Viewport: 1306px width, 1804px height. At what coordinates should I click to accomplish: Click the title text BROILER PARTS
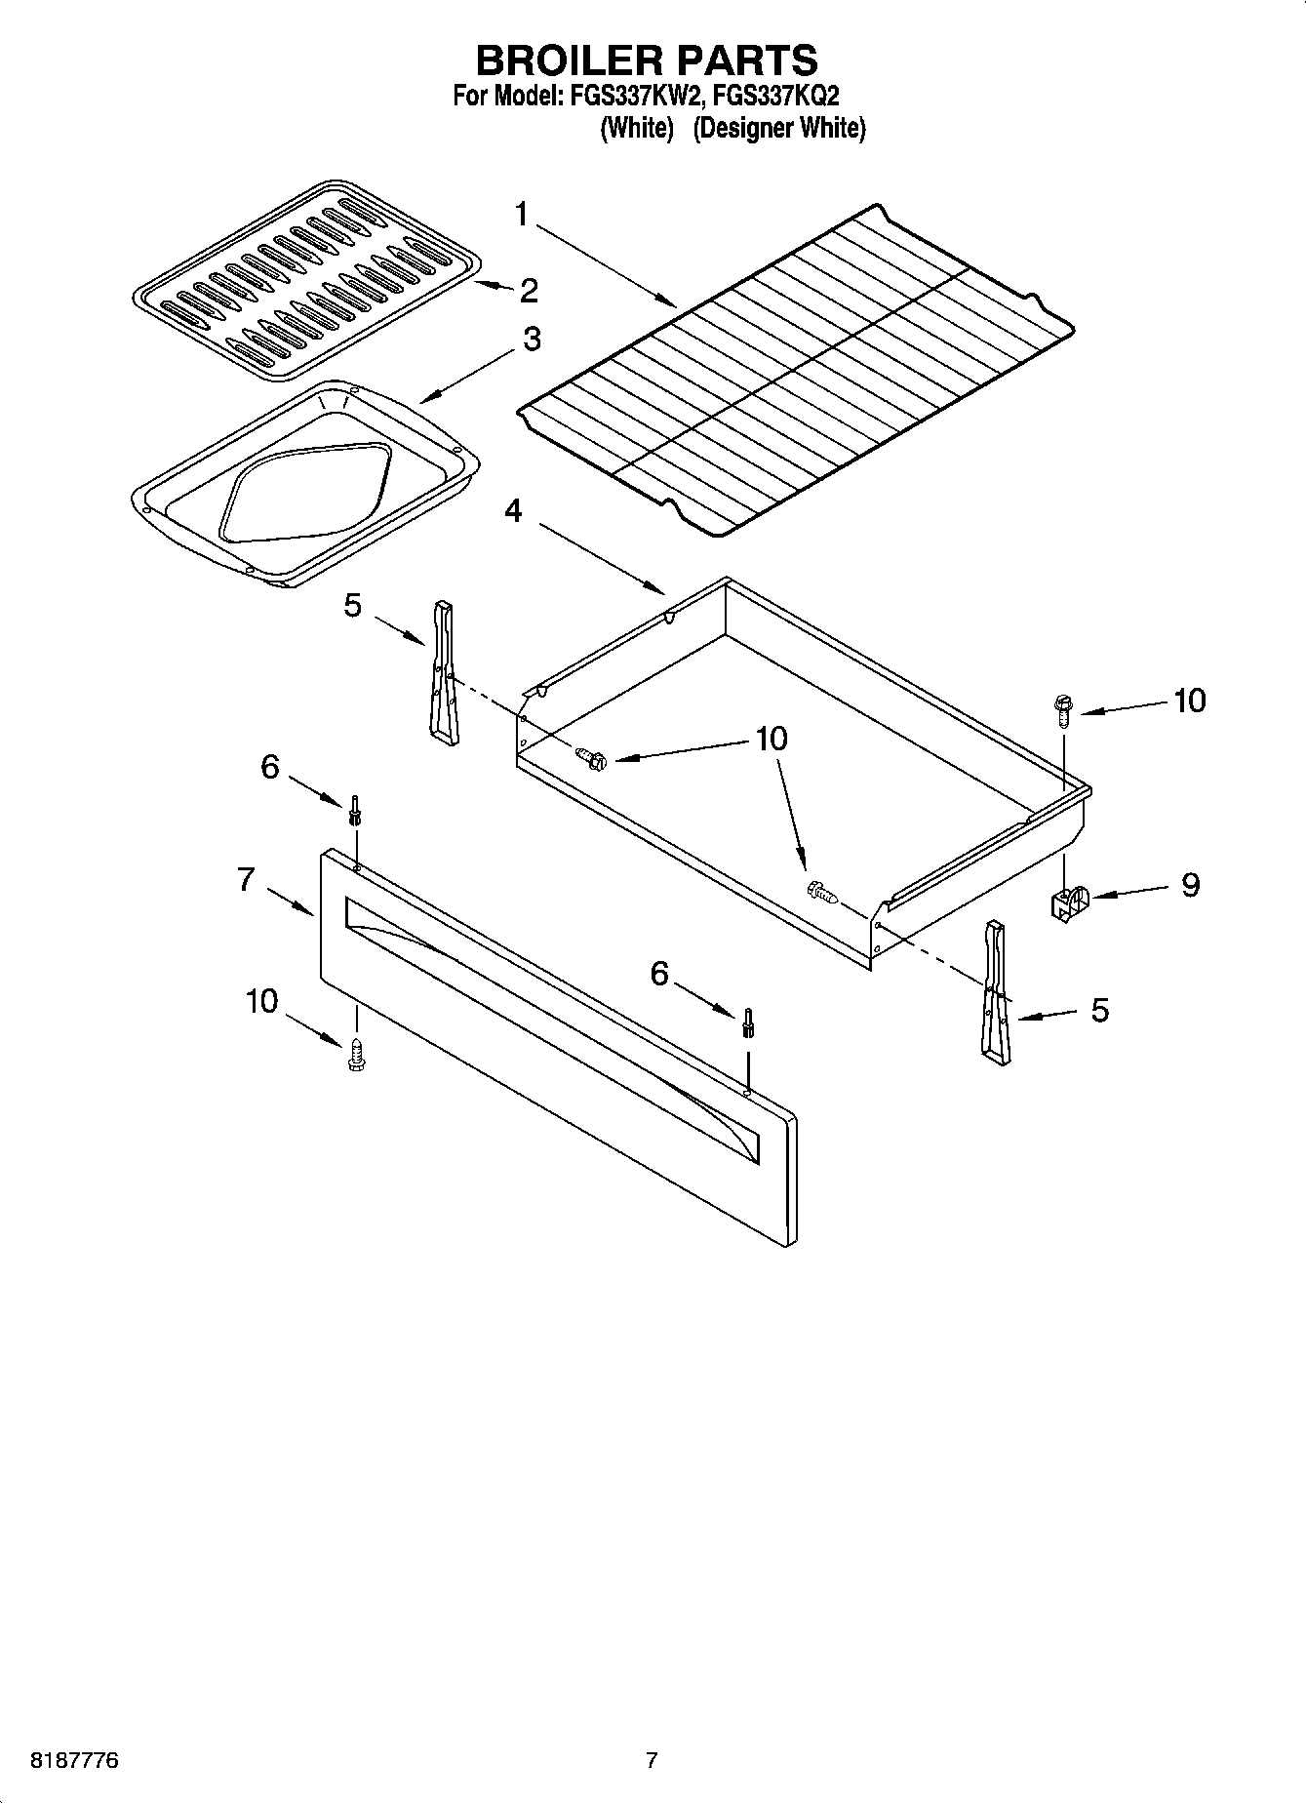pos(647,60)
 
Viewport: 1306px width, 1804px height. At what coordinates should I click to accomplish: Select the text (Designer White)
pos(778,128)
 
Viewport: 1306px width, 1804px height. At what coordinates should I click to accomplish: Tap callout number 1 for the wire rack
pos(522,214)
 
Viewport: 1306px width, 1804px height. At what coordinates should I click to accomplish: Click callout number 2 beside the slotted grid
pos(529,290)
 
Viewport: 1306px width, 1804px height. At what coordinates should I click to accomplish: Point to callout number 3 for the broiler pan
pos(532,339)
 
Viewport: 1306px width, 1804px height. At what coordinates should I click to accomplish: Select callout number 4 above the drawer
pos(513,510)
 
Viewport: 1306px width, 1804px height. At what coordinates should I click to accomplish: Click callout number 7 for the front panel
pos(246,879)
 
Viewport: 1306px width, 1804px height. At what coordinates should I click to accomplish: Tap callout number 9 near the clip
pos(1190,884)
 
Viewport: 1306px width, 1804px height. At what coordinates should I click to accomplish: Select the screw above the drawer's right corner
pos(1063,707)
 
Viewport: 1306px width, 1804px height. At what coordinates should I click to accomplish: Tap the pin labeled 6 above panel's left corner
pos(355,809)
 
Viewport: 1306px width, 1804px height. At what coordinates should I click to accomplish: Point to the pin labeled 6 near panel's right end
pos(747,1022)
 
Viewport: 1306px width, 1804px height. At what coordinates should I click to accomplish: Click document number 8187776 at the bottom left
pos(63,1761)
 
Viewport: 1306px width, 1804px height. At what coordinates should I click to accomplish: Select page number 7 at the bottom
pos(652,1761)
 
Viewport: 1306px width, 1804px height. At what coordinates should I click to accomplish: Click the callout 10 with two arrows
pos(771,739)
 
